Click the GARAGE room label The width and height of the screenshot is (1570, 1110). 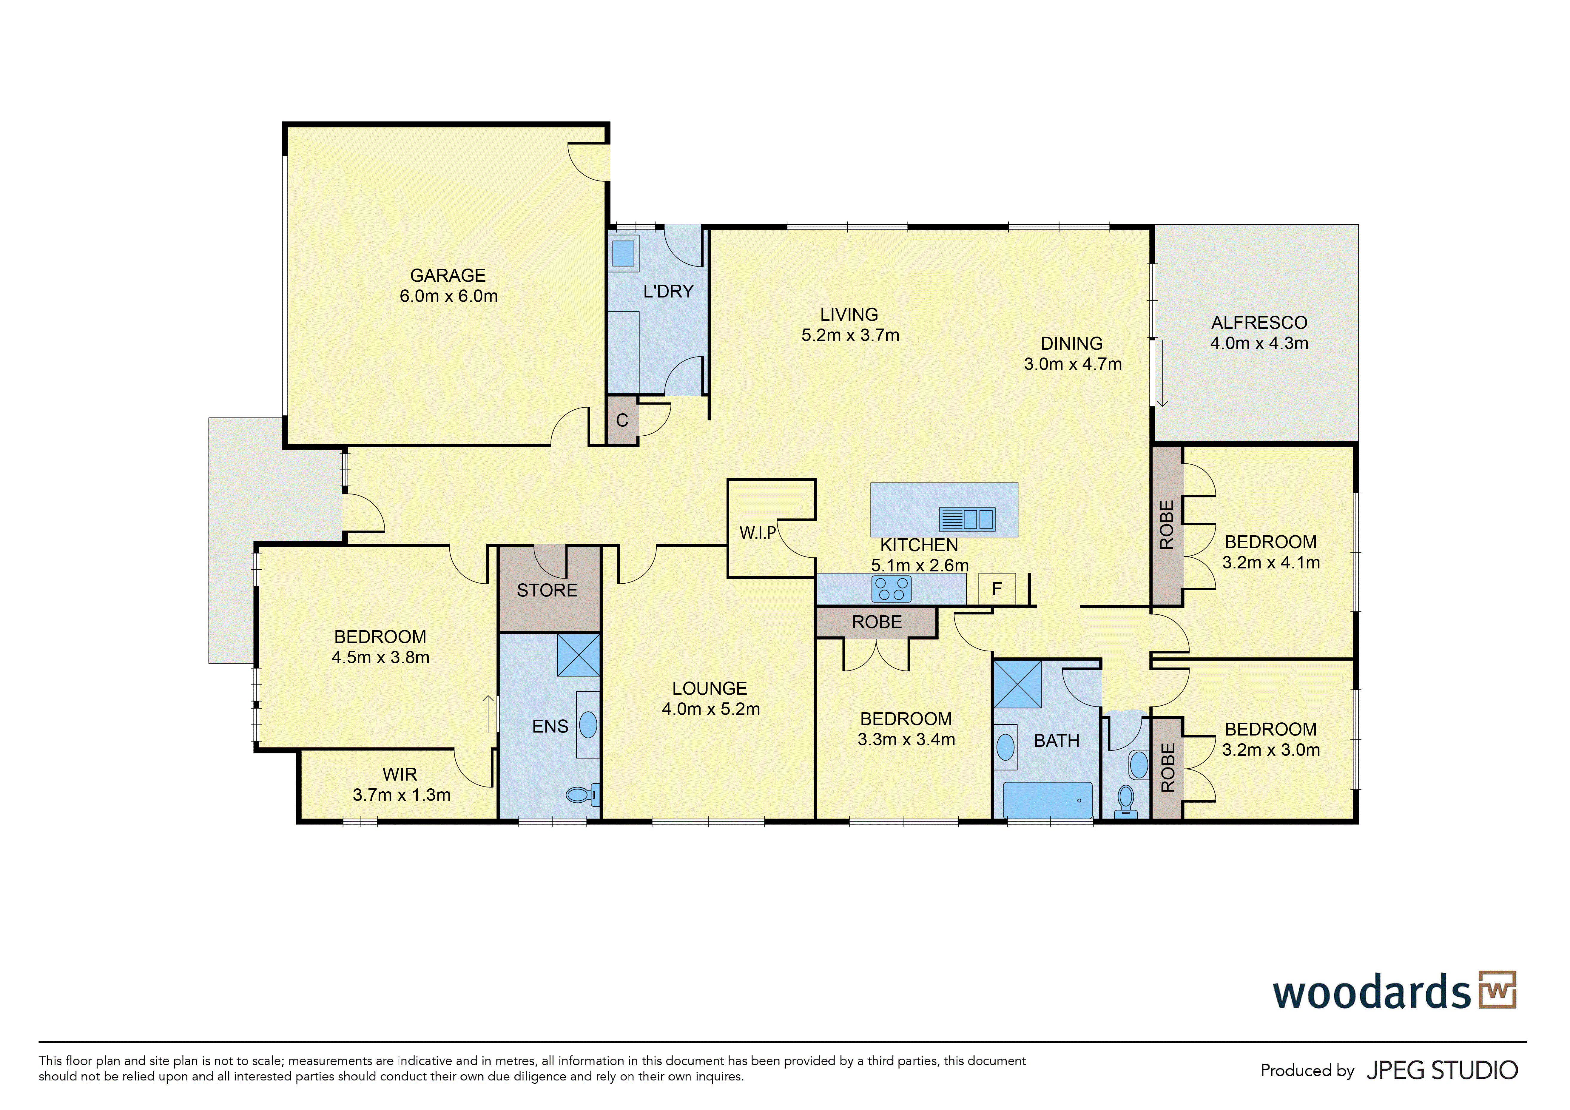tap(448, 276)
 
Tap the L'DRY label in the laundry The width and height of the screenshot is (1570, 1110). tap(668, 291)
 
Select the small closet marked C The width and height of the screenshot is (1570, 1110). tap(622, 420)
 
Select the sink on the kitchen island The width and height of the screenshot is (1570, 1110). tap(967, 519)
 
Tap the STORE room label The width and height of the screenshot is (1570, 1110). tap(547, 590)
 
